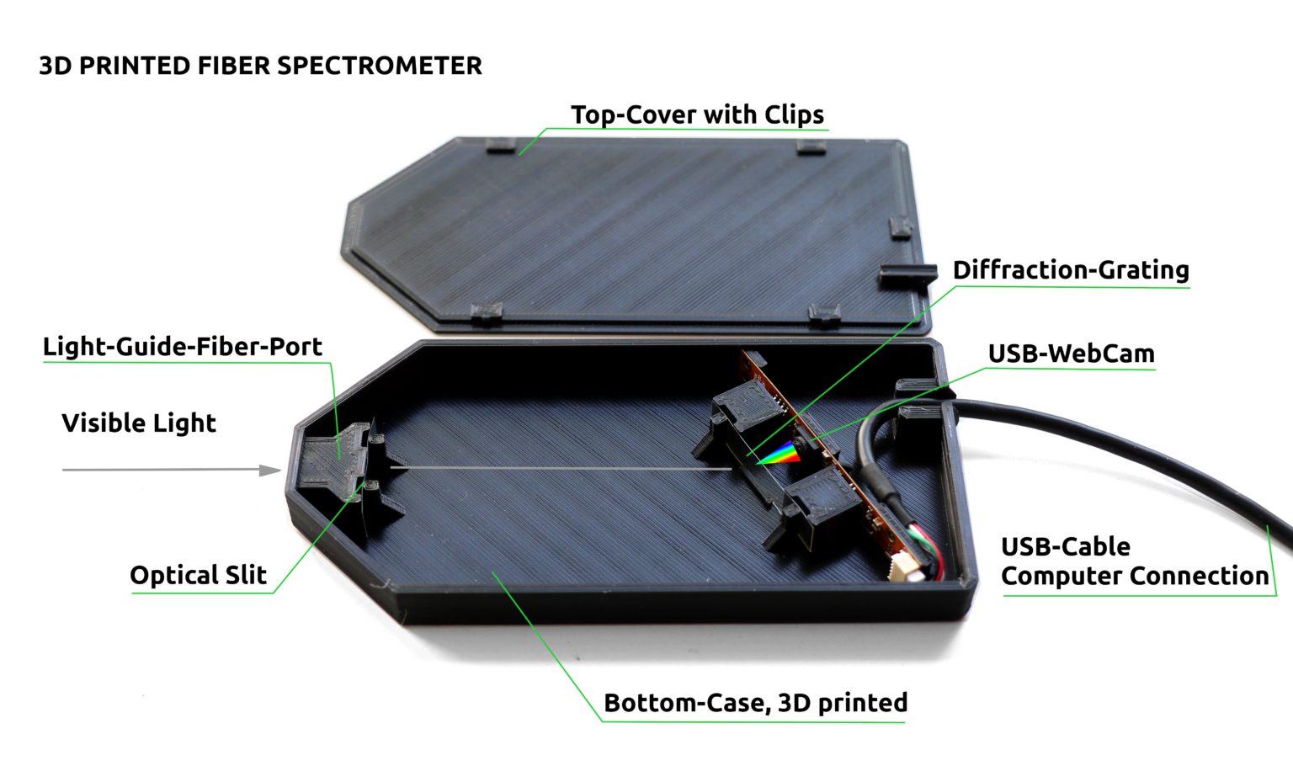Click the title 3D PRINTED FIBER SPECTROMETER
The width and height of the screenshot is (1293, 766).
(260, 66)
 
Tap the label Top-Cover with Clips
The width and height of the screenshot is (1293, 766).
(697, 114)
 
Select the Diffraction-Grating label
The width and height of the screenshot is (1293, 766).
(1071, 270)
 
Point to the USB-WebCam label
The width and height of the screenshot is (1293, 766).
(1071, 354)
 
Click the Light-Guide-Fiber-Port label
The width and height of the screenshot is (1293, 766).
(183, 347)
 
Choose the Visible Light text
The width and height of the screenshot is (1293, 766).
(139, 423)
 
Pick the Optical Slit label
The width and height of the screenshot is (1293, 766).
(198, 576)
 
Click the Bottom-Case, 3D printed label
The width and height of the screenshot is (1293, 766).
(755, 703)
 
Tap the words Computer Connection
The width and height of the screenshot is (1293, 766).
(1135, 577)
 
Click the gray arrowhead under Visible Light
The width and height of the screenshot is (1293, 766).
(271, 470)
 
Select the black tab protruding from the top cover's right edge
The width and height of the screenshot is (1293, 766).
(908, 274)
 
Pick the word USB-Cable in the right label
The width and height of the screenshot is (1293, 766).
(1065, 547)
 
